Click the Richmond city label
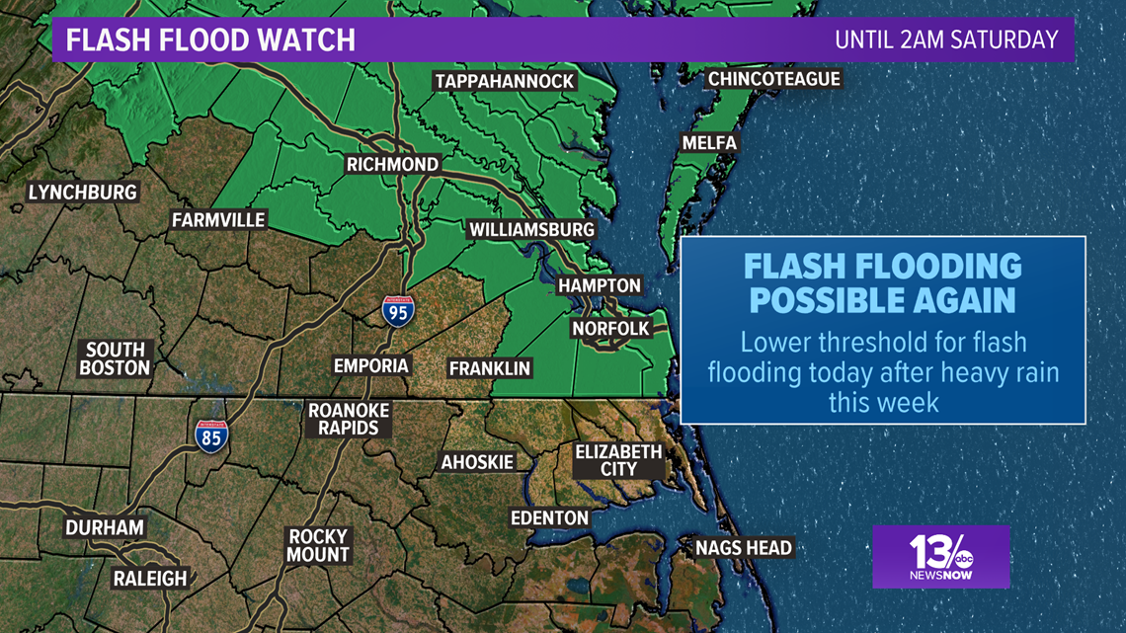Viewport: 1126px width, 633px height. point(392,164)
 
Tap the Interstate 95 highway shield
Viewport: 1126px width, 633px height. point(398,310)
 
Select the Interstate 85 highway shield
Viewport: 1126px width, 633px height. point(210,435)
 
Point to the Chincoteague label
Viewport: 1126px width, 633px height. point(773,79)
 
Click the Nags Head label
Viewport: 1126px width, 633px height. point(743,547)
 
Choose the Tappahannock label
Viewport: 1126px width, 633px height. point(504,81)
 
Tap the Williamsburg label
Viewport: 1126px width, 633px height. point(531,230)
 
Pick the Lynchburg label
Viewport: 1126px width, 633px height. point(82,192)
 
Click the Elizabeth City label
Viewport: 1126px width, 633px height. point(618,460)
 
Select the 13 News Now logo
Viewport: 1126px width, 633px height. point(939,556)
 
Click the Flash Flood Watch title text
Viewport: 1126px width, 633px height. point(210,40)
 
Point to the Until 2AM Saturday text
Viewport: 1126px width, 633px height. point(946,40)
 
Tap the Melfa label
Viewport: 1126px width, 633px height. point(709,143)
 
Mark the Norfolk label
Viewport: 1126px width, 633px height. point(610,328)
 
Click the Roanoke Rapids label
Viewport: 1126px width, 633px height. point(349,419)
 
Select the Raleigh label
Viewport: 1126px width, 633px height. point(149,579)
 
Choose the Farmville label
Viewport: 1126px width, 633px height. point(218,220)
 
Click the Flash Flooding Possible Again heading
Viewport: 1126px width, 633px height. point(881,282)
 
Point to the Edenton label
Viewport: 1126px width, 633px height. point(549,517)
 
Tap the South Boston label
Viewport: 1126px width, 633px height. point(116,358)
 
